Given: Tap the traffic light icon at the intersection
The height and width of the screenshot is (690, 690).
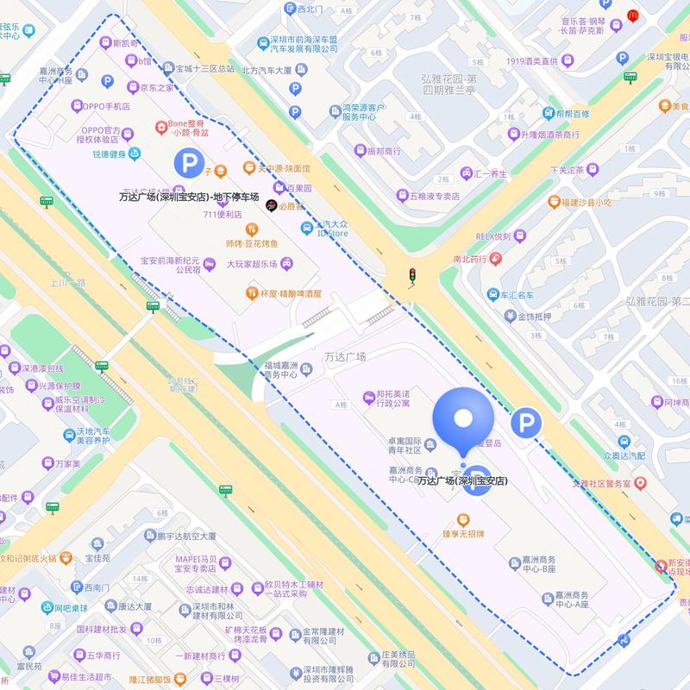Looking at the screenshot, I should (x=413, y=277).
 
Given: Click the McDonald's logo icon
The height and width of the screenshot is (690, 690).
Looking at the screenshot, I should (x=632, y=15).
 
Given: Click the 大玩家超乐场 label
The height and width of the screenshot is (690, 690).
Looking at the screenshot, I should (x=256, y=264).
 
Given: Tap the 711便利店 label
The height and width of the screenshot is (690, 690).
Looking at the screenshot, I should (x=222, y=215).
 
